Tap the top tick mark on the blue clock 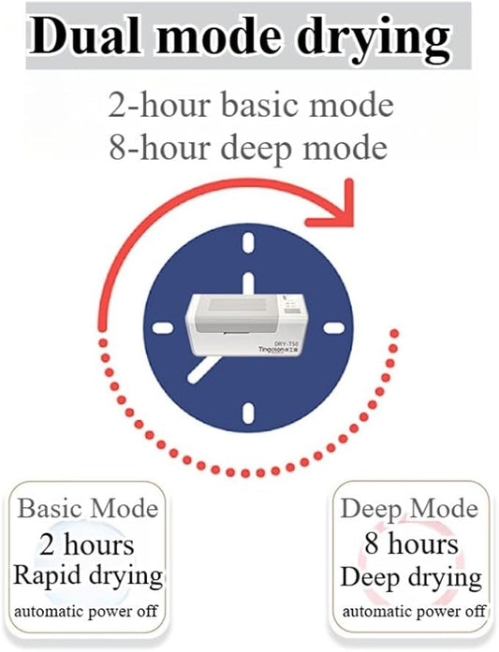(248, 243)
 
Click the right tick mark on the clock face (334, 328)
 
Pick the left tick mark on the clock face (162, 328)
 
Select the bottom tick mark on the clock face (248, 413)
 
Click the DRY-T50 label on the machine (286, 343)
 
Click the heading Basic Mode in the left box (88, 508)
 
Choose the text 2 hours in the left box (87, 544)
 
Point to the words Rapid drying (88, 577)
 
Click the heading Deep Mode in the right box (409, 510)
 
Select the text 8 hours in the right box (412, 543)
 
